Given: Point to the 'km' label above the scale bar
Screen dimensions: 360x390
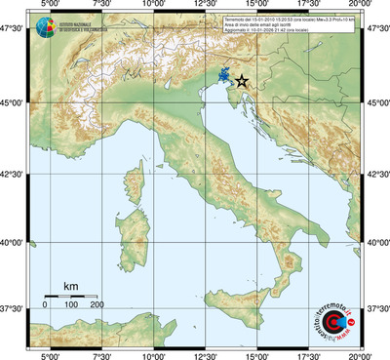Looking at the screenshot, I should point(70,285).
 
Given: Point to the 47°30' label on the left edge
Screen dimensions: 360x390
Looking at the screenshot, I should point(13,30).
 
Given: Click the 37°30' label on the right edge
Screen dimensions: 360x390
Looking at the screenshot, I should point(376,308).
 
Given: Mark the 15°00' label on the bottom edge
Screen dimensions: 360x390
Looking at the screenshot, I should point(256,355).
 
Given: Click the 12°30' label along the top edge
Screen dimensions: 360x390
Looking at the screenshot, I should point(205,5).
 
